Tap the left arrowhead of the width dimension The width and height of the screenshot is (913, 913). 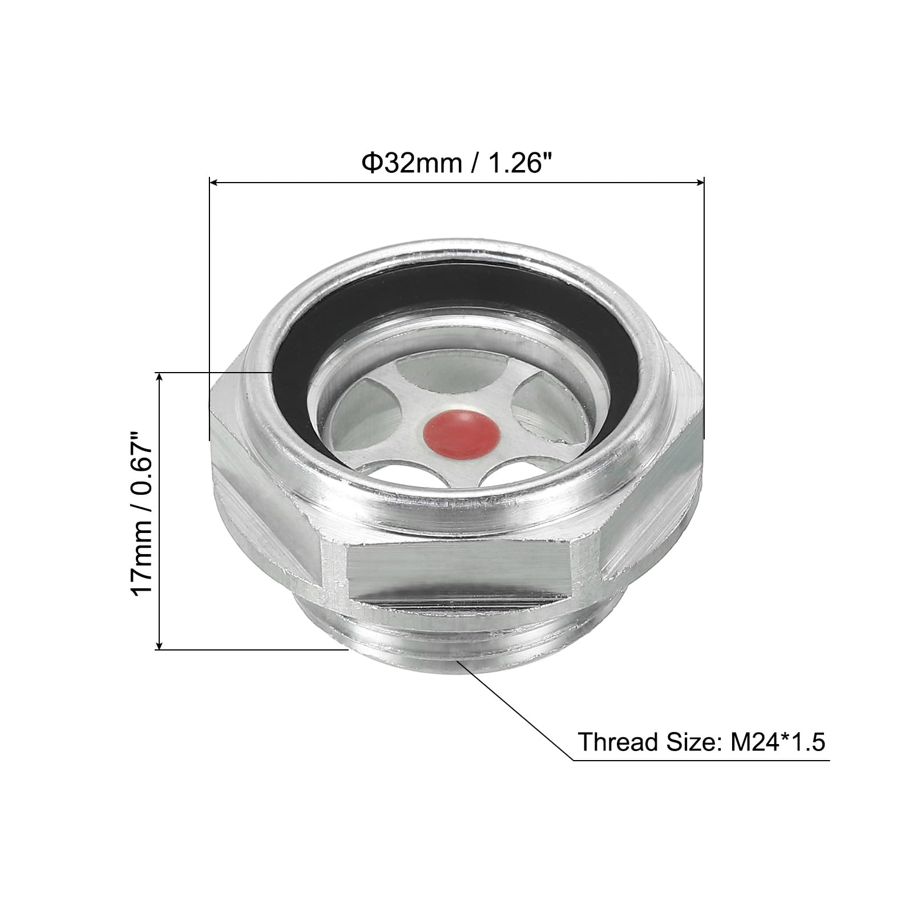(x=215, y=183)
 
